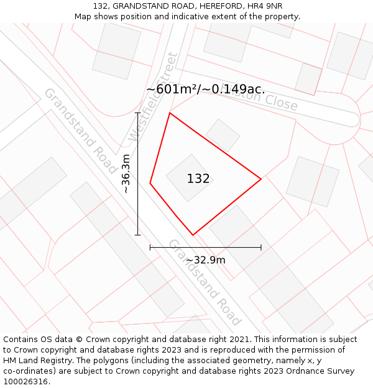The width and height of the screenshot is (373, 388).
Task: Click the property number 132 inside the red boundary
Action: click(198, 179)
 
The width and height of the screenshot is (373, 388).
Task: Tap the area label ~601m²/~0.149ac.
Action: click(205, 89)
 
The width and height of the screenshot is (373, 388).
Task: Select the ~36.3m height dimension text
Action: click(126, 174)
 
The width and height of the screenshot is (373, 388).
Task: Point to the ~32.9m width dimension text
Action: click(205, 260)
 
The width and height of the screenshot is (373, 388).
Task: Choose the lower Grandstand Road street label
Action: click(205, 282)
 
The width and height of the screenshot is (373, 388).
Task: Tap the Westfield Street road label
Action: click(153, 97)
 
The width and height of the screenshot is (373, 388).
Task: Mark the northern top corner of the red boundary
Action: click(170, 113)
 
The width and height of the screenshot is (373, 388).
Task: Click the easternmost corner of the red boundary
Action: click(261, 179)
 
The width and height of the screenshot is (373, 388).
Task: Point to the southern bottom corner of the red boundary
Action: click(193, 235)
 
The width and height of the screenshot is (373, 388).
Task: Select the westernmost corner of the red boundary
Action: click(150, 183)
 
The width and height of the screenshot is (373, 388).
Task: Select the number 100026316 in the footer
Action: click(25, 382)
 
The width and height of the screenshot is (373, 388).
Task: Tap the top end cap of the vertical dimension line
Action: click(138, 113)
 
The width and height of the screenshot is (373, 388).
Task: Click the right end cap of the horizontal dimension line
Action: click(261, 248)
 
